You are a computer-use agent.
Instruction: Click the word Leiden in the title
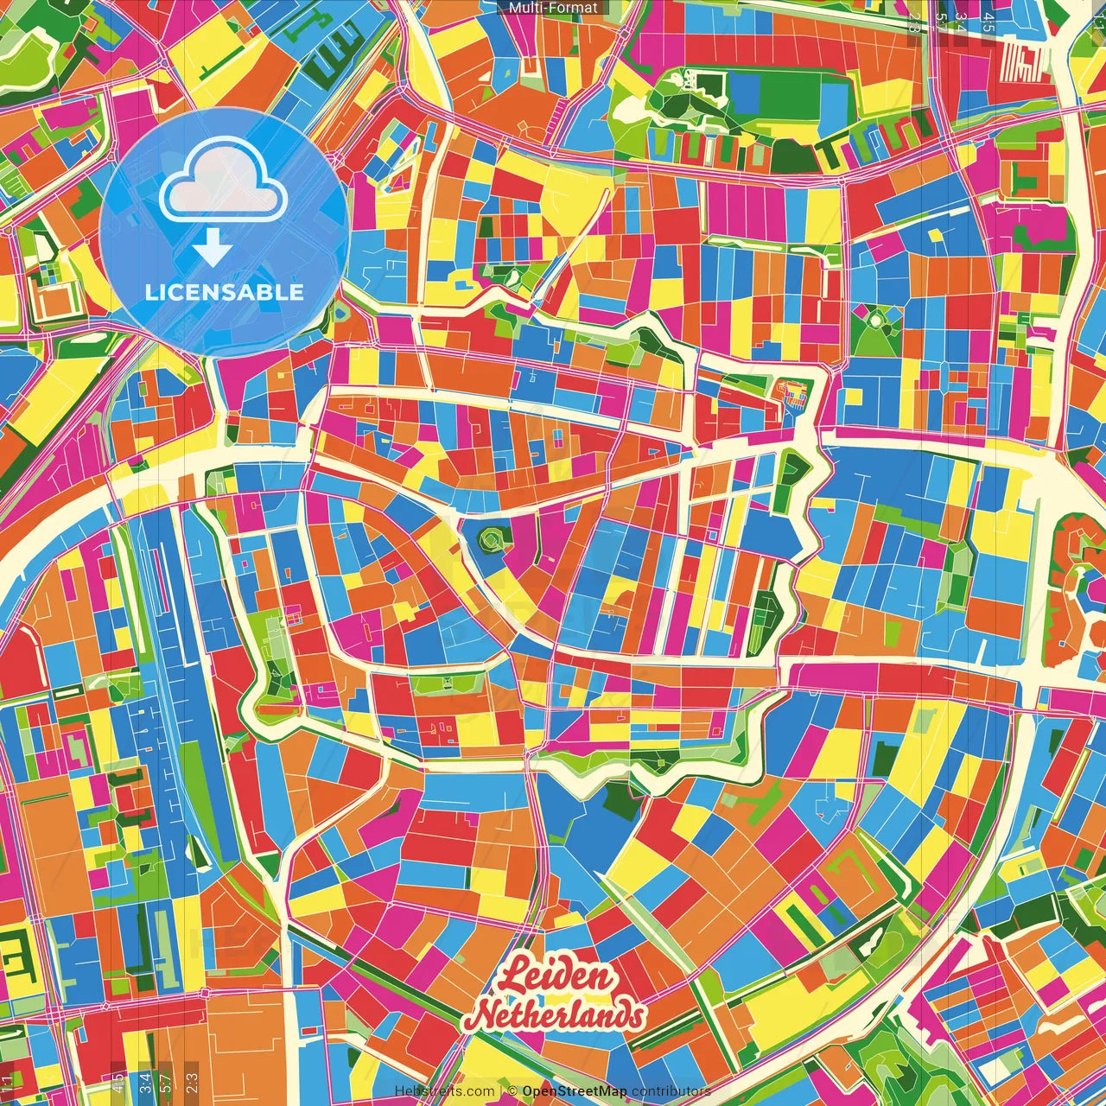pos(558,978)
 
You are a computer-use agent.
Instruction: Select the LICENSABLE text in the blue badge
pos(225,292)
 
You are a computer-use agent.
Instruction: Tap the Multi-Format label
pos(552,8)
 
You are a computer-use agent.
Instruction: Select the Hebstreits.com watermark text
pos(444,1091)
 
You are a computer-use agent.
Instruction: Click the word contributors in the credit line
pos(671,1091)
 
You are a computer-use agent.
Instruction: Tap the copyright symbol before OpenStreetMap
pos(512,1091)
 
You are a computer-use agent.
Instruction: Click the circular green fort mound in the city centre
pos(491,540)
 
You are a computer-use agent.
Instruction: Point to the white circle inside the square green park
pos(876,321)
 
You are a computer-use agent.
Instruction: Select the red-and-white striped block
pos(1022,60)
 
